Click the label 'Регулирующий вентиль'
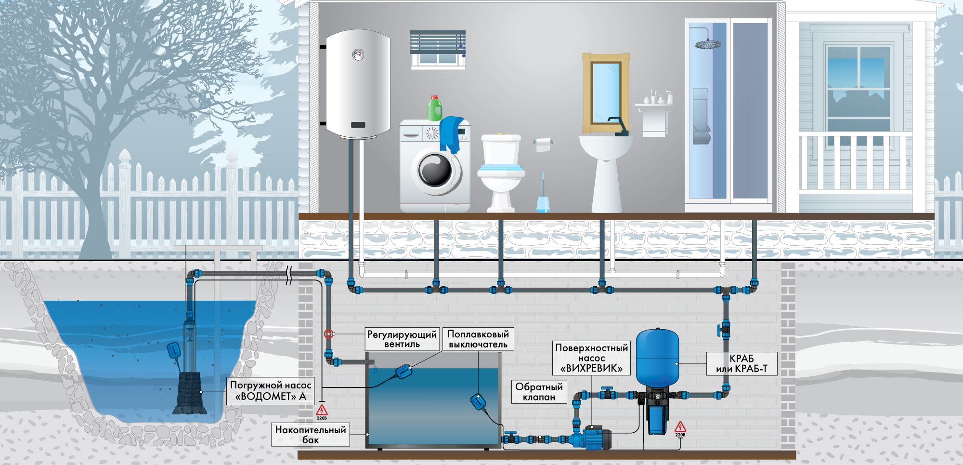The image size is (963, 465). [402, 339]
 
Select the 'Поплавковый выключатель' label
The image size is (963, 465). [478, 339]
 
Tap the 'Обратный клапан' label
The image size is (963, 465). [539, 392]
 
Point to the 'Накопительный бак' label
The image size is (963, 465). [311, 434]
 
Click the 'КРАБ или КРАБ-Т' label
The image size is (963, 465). [742, 364]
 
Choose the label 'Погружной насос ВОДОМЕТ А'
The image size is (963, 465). [271, 391]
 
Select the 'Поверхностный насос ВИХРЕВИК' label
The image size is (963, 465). [591, 358]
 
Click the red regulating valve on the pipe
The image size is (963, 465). [328, 333]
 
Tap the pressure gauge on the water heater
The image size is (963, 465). [358, 54]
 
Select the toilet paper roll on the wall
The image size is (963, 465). [543, 144]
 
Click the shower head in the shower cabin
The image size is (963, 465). [708, 44]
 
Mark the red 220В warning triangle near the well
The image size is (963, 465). [322, 410]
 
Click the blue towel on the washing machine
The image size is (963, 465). [451, 134]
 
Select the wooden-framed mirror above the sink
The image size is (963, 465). [606, 93]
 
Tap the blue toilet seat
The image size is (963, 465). [501, 169]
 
